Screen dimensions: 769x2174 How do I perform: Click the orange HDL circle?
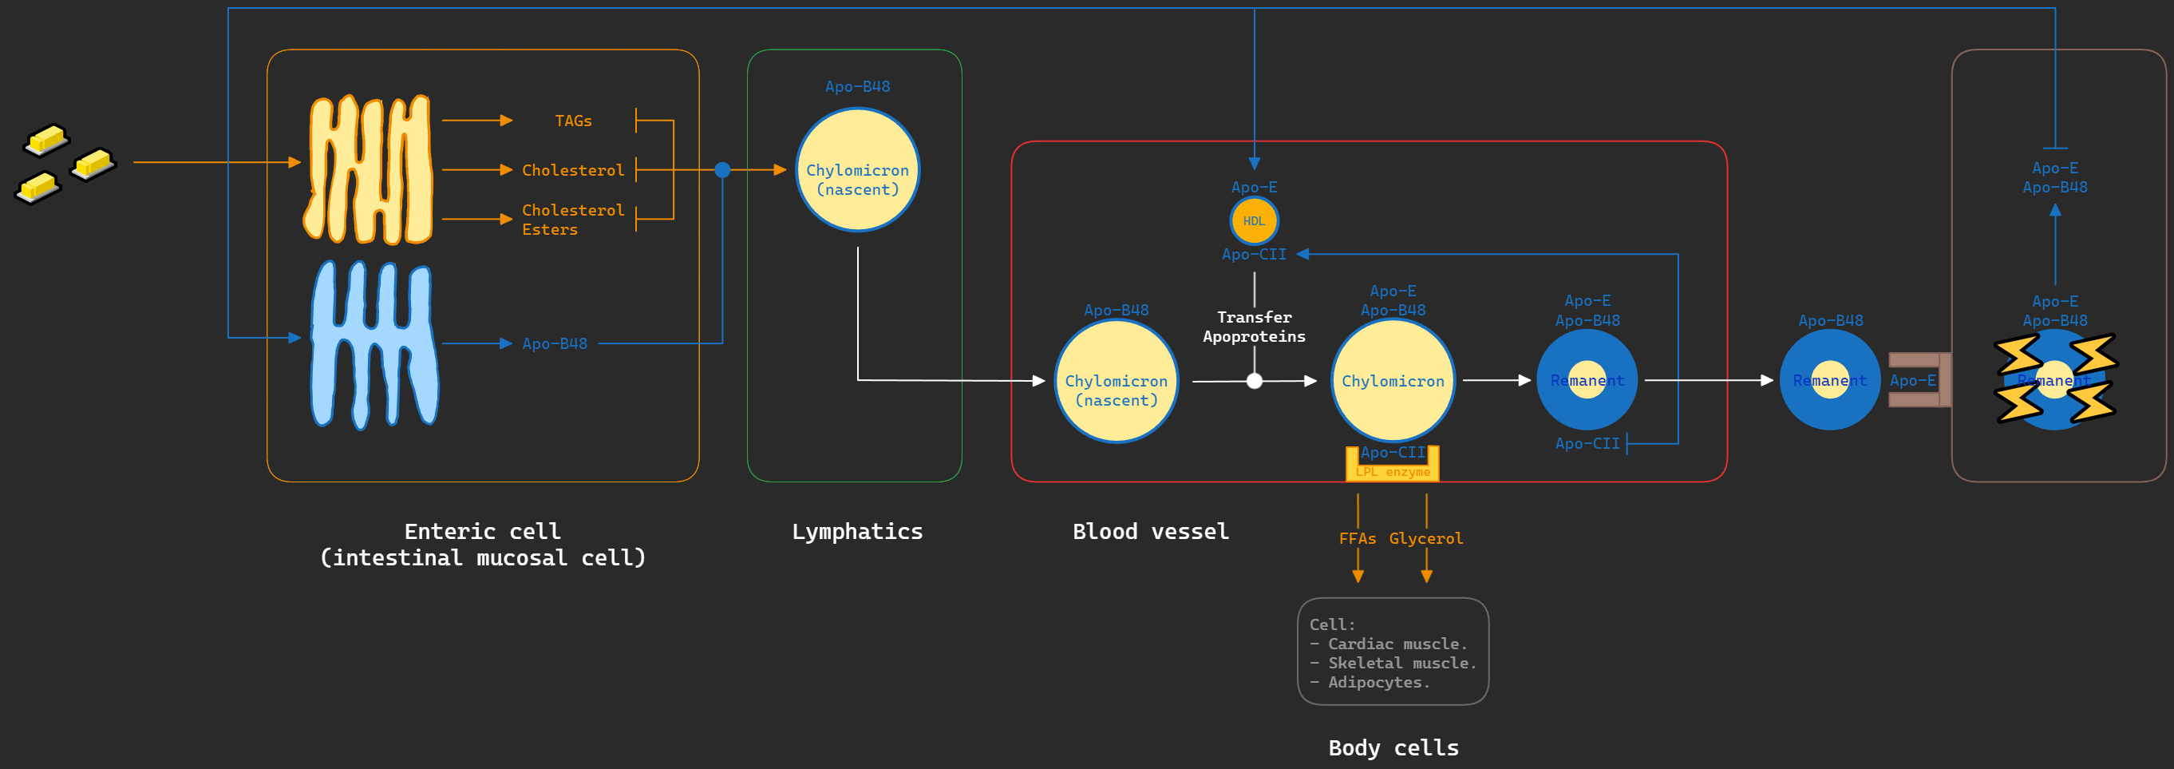coord(1253,221)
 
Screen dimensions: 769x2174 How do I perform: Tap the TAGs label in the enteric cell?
coord(573,121)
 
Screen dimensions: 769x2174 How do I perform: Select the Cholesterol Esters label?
coord(572,220)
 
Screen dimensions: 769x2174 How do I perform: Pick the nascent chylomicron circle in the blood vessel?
coord(1116,382)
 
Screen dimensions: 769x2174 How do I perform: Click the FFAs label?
coord(1357,538)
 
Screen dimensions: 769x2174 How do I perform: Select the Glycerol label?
coord(1425,538)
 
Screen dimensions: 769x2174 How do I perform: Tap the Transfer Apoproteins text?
coord(1253,327)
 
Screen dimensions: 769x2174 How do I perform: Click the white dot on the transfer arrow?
coord(1254,381)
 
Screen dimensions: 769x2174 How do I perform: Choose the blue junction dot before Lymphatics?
coord(722,169)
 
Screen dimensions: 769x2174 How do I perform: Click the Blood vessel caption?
coord(1150,531)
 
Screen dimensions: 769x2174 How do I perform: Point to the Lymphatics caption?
coord(856,531)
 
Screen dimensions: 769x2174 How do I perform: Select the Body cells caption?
coord(1393,747)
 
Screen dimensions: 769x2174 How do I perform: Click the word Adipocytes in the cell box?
coord(1378,682)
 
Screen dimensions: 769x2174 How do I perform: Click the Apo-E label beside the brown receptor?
coord(1911,381)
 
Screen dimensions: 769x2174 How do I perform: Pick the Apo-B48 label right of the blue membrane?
coord(555,343)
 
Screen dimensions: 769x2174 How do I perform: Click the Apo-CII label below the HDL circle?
coord(1253,254)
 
